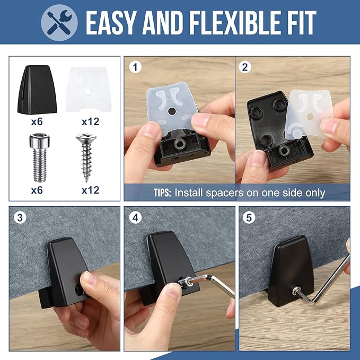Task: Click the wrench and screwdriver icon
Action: pos(59,22)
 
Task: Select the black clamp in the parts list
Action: pos(37,90)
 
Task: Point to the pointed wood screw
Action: pos(86,158)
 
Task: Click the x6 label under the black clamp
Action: pos(37,122)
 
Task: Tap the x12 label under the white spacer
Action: pos(91,122)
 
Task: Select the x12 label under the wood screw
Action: pos(91,190)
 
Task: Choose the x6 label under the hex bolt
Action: pos(37,190)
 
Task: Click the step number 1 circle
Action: pos(135,67)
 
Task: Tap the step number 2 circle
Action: pos(245,67)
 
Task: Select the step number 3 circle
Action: pos(20,217)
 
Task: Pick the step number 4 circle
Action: pos(135,217)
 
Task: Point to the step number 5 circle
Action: pos(249,217)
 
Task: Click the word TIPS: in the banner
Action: pos(162,193)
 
